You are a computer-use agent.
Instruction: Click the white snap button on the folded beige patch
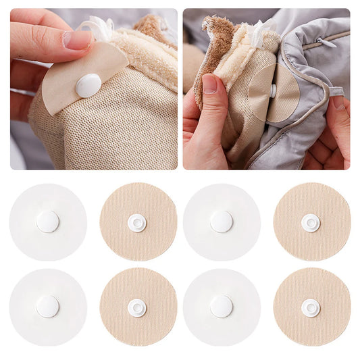pos(88,84)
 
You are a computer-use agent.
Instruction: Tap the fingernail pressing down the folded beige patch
pos(77,39)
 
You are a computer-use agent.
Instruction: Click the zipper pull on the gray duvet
pos(325,42)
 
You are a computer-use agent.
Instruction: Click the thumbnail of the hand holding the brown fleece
pos(210,83)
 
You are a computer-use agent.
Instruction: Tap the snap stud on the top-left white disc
pos(47,222)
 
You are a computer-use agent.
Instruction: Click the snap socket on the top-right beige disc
pos(311,222)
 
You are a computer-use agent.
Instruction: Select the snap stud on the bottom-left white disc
pos(47,307)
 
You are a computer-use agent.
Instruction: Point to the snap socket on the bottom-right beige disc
pos(311,307)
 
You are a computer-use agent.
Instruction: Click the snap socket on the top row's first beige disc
pos(137,222)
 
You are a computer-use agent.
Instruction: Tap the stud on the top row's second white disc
pos(222,222)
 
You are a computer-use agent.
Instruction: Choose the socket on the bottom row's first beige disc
pos(137,307)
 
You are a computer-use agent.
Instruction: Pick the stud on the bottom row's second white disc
pos(222,307)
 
